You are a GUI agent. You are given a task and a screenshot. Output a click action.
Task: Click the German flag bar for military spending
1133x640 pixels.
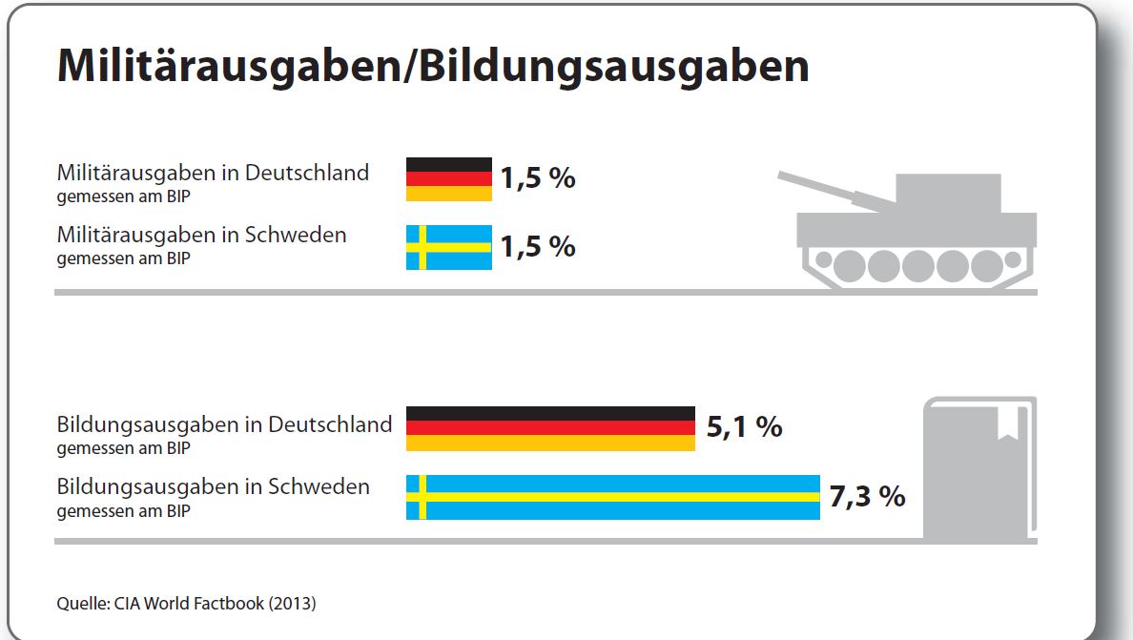(449, 179)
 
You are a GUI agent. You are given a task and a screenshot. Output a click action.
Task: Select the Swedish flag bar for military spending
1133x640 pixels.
(449, 247)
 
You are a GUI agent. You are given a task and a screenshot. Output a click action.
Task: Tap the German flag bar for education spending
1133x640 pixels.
(550, 428)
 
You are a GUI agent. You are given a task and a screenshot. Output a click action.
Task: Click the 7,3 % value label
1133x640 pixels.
(867, 496)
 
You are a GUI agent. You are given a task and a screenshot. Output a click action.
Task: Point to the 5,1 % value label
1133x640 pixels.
(744, 426)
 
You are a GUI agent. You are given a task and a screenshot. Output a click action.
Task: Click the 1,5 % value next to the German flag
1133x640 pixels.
(538, 178)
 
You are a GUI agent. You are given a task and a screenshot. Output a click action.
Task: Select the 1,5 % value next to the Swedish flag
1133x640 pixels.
(538, 246)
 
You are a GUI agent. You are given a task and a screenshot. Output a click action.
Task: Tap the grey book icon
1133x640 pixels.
(978, 467)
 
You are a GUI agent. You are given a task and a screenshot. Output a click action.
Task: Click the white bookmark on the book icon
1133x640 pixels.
(1007, 423)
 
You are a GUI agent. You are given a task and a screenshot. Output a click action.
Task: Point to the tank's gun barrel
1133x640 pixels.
(830, 189)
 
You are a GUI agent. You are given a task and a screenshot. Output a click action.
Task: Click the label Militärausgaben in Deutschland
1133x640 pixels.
(213, 173)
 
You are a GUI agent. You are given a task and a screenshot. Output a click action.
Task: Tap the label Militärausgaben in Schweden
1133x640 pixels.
(201, 235)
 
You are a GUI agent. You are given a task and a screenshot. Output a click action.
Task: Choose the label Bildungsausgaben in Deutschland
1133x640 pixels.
(224, 423)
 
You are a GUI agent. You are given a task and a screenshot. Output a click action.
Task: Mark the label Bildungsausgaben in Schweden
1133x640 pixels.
(213, 486)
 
